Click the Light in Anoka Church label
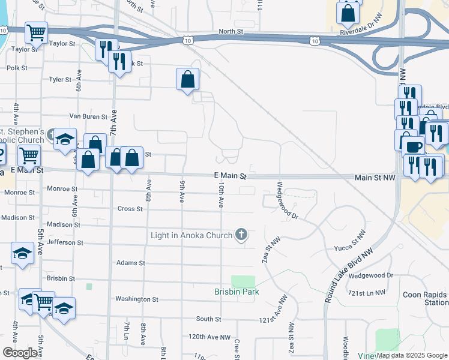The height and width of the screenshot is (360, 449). tap(191, 235)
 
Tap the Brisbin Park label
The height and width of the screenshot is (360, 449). tap(235, 292)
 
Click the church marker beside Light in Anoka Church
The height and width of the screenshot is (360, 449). tap(241, 235)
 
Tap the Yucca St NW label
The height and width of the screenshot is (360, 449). tap(352, 241)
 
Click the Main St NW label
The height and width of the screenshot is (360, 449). tap(375, 178)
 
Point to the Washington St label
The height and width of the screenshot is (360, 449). tap(136, 299)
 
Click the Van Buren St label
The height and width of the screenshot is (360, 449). tap(88, 116)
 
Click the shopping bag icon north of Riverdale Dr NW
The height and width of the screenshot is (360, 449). tap(348, 12)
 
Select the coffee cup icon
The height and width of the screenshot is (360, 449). tap(414, 146)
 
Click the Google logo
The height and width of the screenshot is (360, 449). tap(20, 353)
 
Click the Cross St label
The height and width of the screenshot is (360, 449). tap(130, 209)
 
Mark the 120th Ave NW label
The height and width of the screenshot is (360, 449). tap(209, 337)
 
